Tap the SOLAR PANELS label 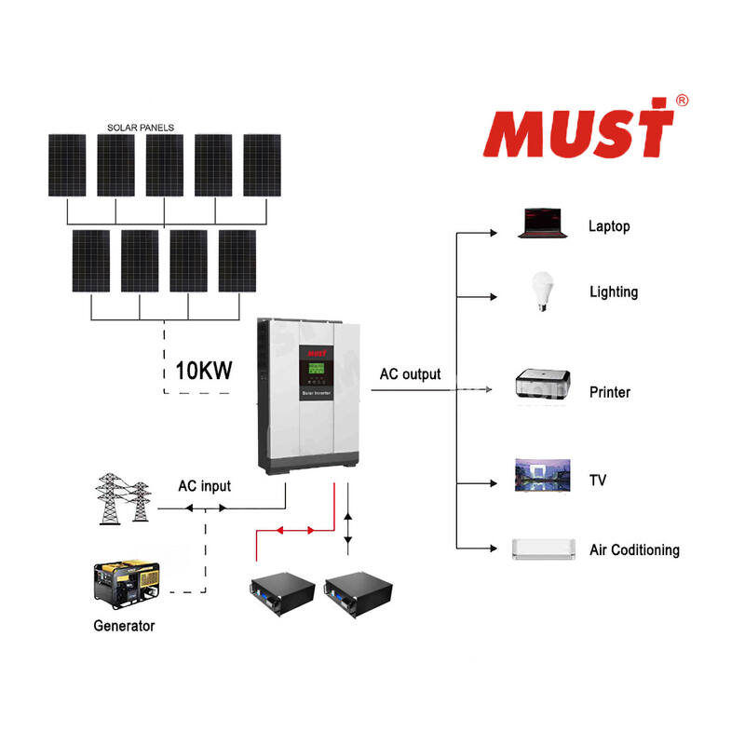point(141,127)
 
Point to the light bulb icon point(539,291)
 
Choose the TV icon point(538,476)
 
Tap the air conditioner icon point(542,549)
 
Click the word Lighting point(614,292)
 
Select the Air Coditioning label point(634,550)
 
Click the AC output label point(410,375)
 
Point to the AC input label point(204,486)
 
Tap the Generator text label point(124,626)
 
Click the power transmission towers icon point(123,501)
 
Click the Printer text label point(610,392)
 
